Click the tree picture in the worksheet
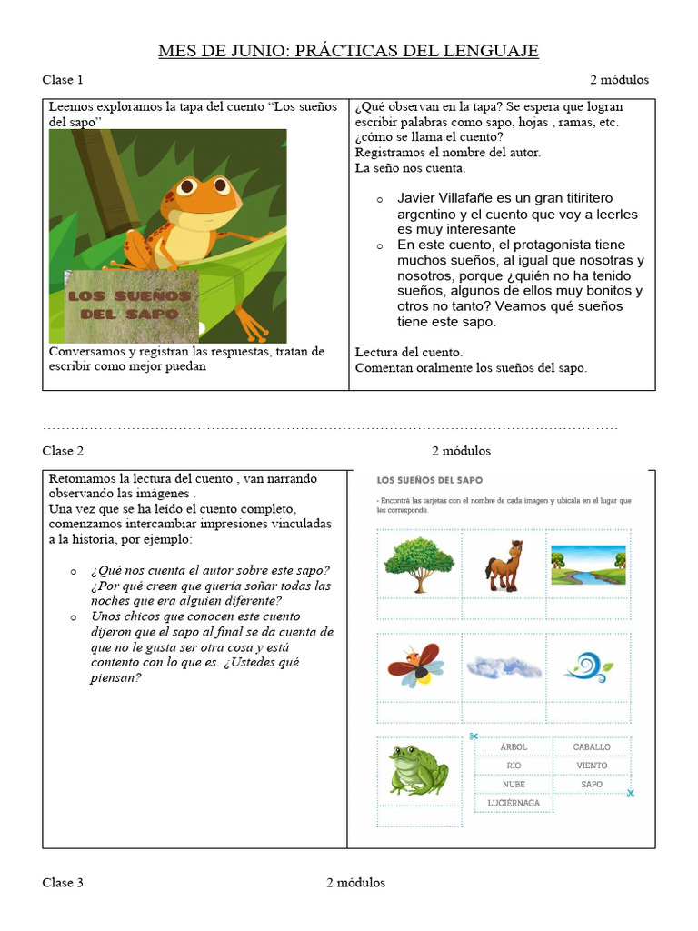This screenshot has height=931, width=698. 419,564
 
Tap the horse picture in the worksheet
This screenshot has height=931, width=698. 504,564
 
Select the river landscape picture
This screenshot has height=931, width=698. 588,564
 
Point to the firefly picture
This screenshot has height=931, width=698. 416,666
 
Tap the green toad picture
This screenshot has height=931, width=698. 418,769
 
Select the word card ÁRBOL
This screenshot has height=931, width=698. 514,747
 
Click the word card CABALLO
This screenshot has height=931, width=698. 592,747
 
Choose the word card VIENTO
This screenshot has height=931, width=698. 592,766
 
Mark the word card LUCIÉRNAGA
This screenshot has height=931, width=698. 514,803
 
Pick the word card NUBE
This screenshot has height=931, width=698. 514,784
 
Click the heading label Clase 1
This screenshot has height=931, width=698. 63,80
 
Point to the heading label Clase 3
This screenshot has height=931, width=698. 63,883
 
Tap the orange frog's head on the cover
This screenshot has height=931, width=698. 186,191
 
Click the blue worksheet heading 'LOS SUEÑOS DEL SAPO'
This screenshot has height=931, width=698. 430,479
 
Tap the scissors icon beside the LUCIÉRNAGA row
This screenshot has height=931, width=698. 630,793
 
